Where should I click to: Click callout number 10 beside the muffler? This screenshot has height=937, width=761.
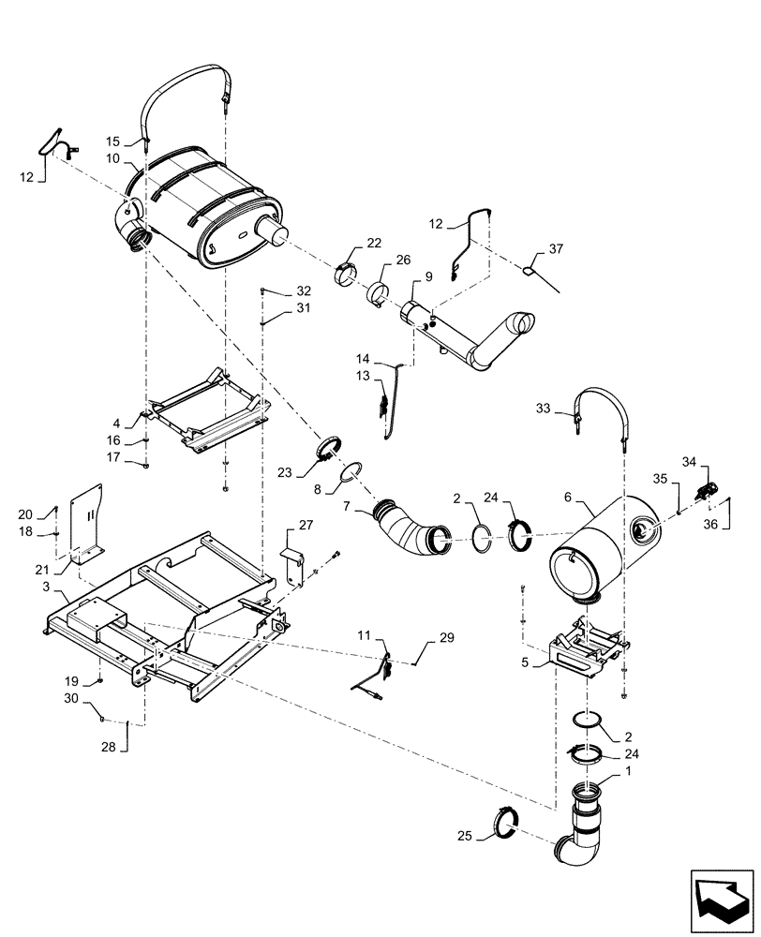tap(112, 158)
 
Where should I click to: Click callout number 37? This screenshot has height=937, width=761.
tap(557, 249)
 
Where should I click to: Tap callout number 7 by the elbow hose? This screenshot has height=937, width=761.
tap(347, 507)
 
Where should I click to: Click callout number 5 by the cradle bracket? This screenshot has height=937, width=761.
tap(527, 662)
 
